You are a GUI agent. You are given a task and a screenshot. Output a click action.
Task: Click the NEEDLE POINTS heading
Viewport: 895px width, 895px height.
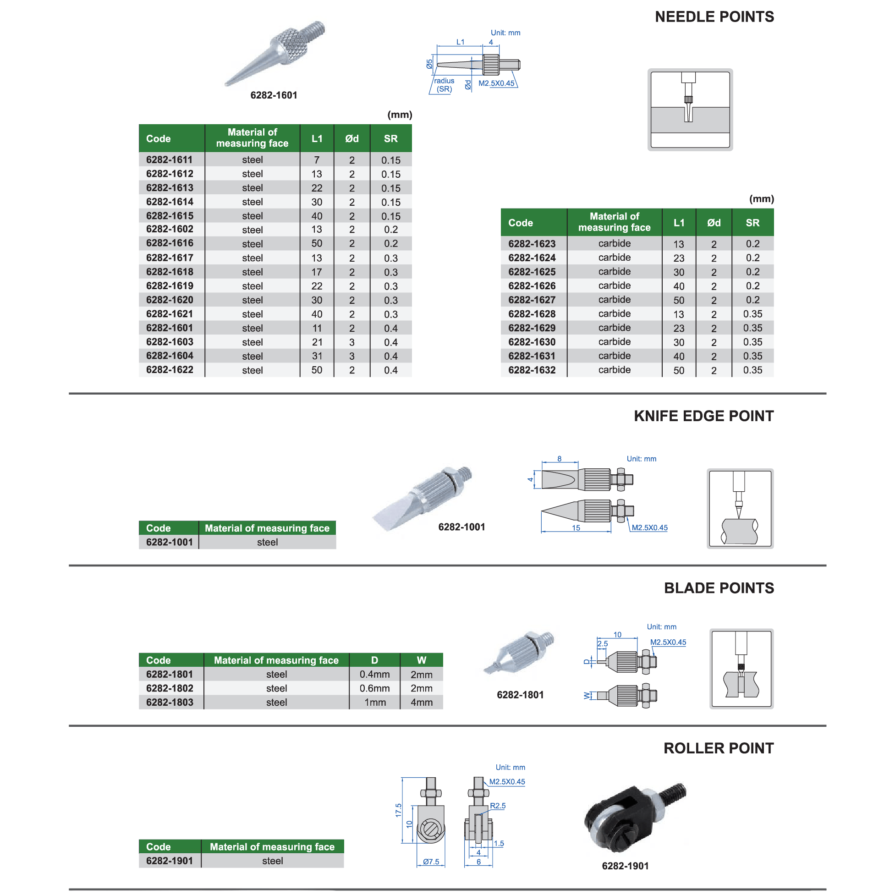[x=714, y=17]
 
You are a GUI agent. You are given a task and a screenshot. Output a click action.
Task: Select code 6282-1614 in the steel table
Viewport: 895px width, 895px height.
[x=170, y=202]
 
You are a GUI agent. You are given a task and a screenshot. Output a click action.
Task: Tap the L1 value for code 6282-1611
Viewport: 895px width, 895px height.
[x=316, y=160]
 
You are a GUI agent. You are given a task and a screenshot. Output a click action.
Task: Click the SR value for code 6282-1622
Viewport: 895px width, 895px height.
[x=390, y=370]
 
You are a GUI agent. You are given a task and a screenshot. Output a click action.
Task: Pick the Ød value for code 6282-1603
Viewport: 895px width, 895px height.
[x=351, y=342]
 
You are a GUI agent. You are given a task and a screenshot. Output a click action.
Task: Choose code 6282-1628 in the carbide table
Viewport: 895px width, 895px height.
[x=532, y=314]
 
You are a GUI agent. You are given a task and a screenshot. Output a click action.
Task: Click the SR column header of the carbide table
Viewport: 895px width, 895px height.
[x=752, y=223]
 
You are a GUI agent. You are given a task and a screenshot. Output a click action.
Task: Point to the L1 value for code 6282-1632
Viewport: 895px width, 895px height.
[x=679, y=371]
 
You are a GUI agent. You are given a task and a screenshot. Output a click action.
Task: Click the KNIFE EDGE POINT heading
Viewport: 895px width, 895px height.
[x=703, y=416]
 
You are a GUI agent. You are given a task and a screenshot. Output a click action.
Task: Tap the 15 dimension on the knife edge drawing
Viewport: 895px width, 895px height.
[x=576, y=528]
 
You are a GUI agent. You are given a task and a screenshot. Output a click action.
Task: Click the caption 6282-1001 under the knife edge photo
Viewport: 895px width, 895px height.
[x=461, y=527]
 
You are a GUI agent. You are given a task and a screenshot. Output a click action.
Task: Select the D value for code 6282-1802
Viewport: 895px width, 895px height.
[x=374, y=688]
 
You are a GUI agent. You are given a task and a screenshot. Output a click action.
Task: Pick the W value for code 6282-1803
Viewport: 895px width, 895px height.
[x=421, y=702]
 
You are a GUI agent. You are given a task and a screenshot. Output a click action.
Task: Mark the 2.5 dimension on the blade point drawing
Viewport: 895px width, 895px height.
[x=602, y=644]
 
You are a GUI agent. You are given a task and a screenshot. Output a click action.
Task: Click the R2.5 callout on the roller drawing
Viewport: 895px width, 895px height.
[x=498, y=806]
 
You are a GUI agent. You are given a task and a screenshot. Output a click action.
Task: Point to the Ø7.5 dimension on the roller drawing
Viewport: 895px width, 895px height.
[x=431, y=862]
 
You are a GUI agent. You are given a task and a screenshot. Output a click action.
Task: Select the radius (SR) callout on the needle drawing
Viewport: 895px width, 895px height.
[x=444, y=85]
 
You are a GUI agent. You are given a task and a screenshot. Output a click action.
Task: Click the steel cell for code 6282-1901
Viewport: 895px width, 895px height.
[x=272, y=861]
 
